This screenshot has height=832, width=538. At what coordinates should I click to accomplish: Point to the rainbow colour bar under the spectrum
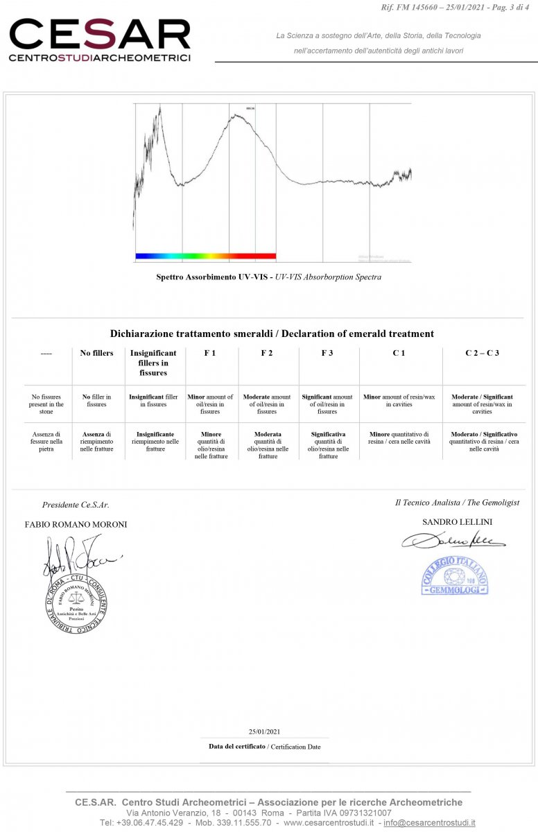pyautogui.click(x=206, y=256)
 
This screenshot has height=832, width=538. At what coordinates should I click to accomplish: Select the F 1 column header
pyautogui.click(x=210, y=354)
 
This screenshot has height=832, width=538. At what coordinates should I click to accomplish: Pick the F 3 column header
pyautogui.click(x=327, y=354)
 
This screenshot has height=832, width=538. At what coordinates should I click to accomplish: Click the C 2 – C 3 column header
pyautogui.click(x=483, y=354)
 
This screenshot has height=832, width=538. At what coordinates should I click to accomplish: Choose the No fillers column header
pyautogui.click(x=97, y=354)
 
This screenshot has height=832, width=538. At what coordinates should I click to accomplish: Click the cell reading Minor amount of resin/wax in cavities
pyautogui.click(x=400, y=401)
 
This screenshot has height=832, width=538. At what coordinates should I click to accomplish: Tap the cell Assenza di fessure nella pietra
pyautogui.click(x=46, y=442)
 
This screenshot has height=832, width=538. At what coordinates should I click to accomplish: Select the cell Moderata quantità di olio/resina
pyautogui.click(x=268, y=445)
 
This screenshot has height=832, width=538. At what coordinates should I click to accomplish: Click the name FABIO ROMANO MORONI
pyautogui.click(x=76, y=524)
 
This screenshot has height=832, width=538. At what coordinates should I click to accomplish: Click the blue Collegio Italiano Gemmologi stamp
pyautogui.click(x=455, y=575)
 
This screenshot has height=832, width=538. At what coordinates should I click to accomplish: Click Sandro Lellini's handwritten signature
pyautogui.click(x=453, y=540)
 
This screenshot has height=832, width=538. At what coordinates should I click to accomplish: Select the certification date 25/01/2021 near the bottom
pyautogui.click(x=264, y=731)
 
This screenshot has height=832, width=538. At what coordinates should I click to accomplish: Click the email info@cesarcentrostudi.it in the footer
pyautogui.click(x=429, y=822)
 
